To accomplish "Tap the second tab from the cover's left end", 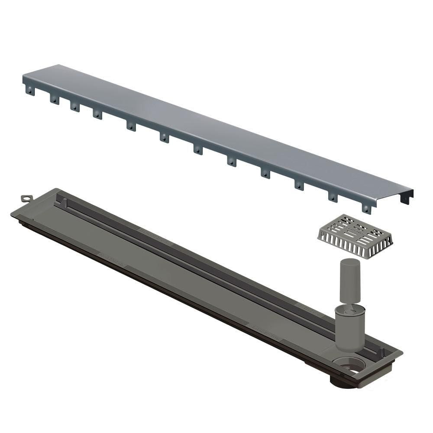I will [x=54, y=99].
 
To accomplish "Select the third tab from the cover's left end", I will [x=75, y=106].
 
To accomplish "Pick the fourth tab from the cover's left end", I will [x=97, y=114].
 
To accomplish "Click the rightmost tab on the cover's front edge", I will [x=366, y=208].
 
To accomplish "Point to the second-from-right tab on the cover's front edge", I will [x=333, y=197].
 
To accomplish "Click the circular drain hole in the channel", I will [x=348, y=365].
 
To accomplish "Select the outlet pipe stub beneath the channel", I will [x=342, y=383].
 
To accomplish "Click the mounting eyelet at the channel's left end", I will [x=27, y=198].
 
